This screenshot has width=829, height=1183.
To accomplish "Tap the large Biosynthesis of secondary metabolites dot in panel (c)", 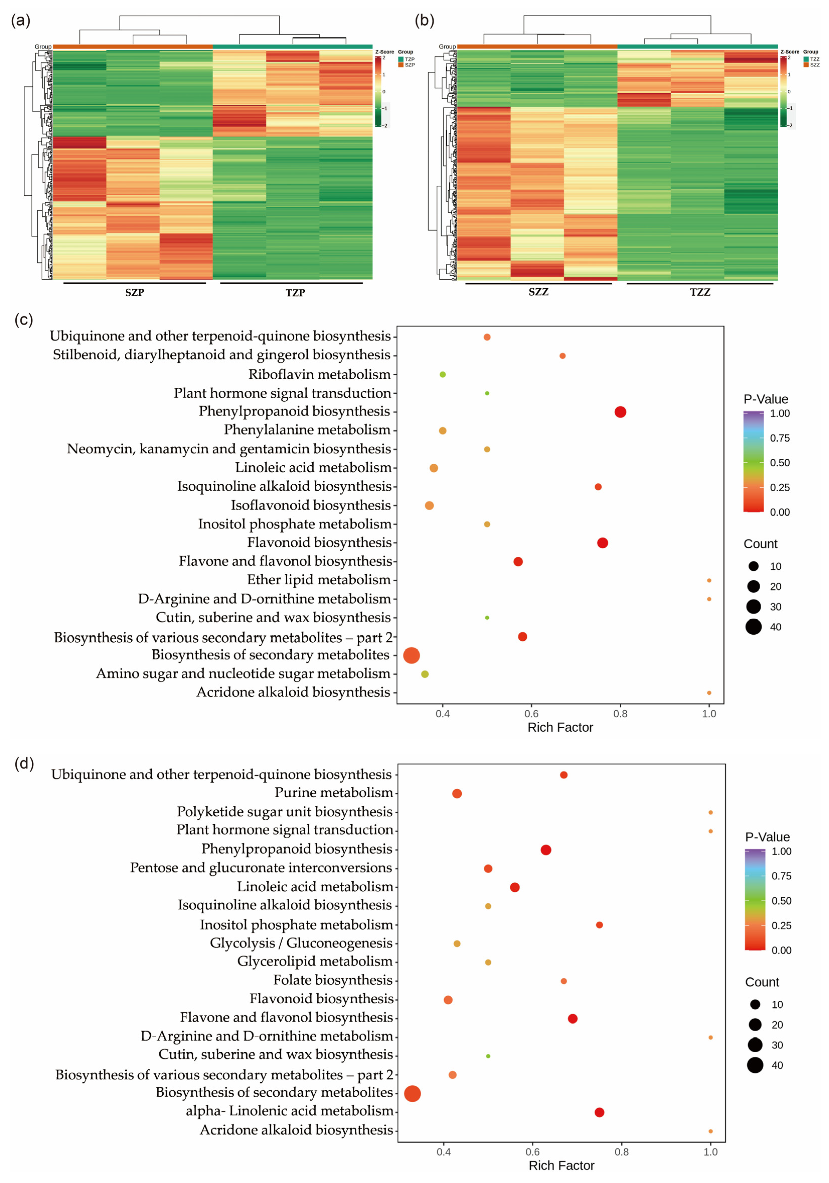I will [x=411, y=655].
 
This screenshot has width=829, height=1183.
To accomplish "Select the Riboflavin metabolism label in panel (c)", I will [x=319, y=374].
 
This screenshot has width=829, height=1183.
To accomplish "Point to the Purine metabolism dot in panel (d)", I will [x=456, y=794].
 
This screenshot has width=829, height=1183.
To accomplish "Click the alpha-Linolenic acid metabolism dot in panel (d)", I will [x=599, y=1112].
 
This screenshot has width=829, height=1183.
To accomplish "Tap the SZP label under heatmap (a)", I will [x=134, y=292].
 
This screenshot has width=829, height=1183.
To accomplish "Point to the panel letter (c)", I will [x=24, y=320].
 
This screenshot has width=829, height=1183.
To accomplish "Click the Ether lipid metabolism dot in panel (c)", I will [x=709, y=580].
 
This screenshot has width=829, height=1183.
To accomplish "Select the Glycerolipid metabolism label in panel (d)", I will [x=315, y=961].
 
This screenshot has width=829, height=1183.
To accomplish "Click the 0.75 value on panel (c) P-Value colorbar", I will [x=780, y=438].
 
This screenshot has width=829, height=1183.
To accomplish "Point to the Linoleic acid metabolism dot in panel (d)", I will [x=514, y=887].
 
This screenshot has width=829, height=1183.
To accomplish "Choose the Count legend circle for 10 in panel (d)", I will [x=755, y=1004].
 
